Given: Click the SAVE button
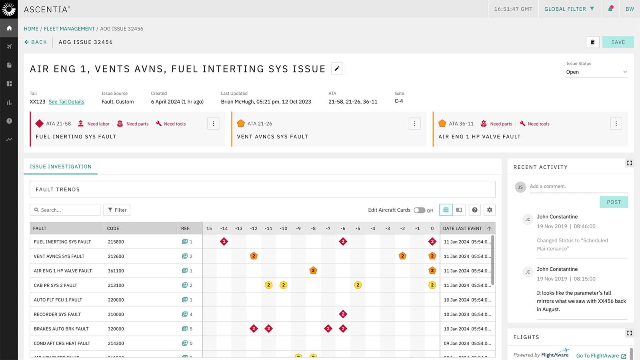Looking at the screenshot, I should (618, 42).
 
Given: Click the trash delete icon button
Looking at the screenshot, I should (592, 42).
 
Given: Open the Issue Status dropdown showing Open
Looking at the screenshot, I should (596, 72).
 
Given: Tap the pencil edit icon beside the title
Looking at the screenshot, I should (337, 69).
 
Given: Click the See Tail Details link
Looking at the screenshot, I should (66, 102).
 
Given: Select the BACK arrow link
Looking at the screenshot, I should (36, 42).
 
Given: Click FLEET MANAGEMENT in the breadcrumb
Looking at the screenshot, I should (69, 29).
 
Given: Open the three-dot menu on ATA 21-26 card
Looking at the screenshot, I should (414, 124).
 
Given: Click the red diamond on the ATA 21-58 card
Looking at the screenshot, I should (39, 124).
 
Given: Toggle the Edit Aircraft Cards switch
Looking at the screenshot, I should (419, 210).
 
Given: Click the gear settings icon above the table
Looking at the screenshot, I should (489, 210).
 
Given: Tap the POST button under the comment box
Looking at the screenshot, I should (614, 202).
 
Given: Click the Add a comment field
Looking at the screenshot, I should (578, 186).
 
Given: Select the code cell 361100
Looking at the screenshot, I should (116, 271).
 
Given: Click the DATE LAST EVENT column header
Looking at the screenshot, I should (463, 228).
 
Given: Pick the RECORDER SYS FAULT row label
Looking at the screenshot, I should (57, 314).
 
